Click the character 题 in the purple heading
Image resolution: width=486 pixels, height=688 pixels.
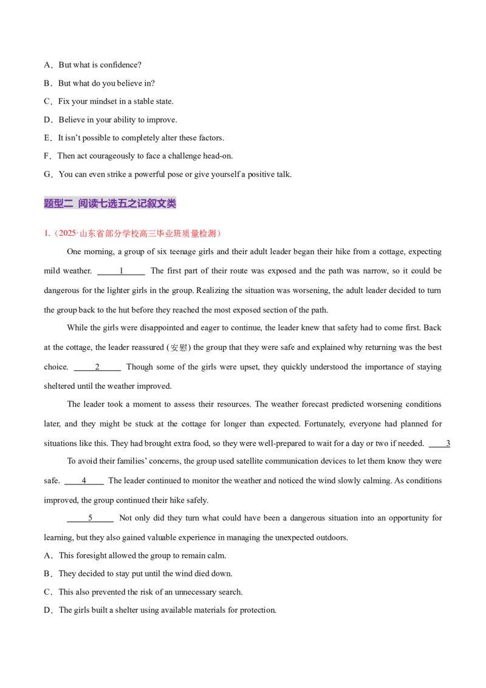(x=49, y=204)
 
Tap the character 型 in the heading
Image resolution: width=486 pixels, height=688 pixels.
(x=59, y=204)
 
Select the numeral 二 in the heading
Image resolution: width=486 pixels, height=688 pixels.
(x=69, y=204)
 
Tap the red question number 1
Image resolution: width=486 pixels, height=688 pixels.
(x=46, y=233)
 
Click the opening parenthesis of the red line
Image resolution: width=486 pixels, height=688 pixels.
(x=55, y=233)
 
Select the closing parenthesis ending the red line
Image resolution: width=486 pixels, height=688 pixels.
(x=221, y=233)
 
